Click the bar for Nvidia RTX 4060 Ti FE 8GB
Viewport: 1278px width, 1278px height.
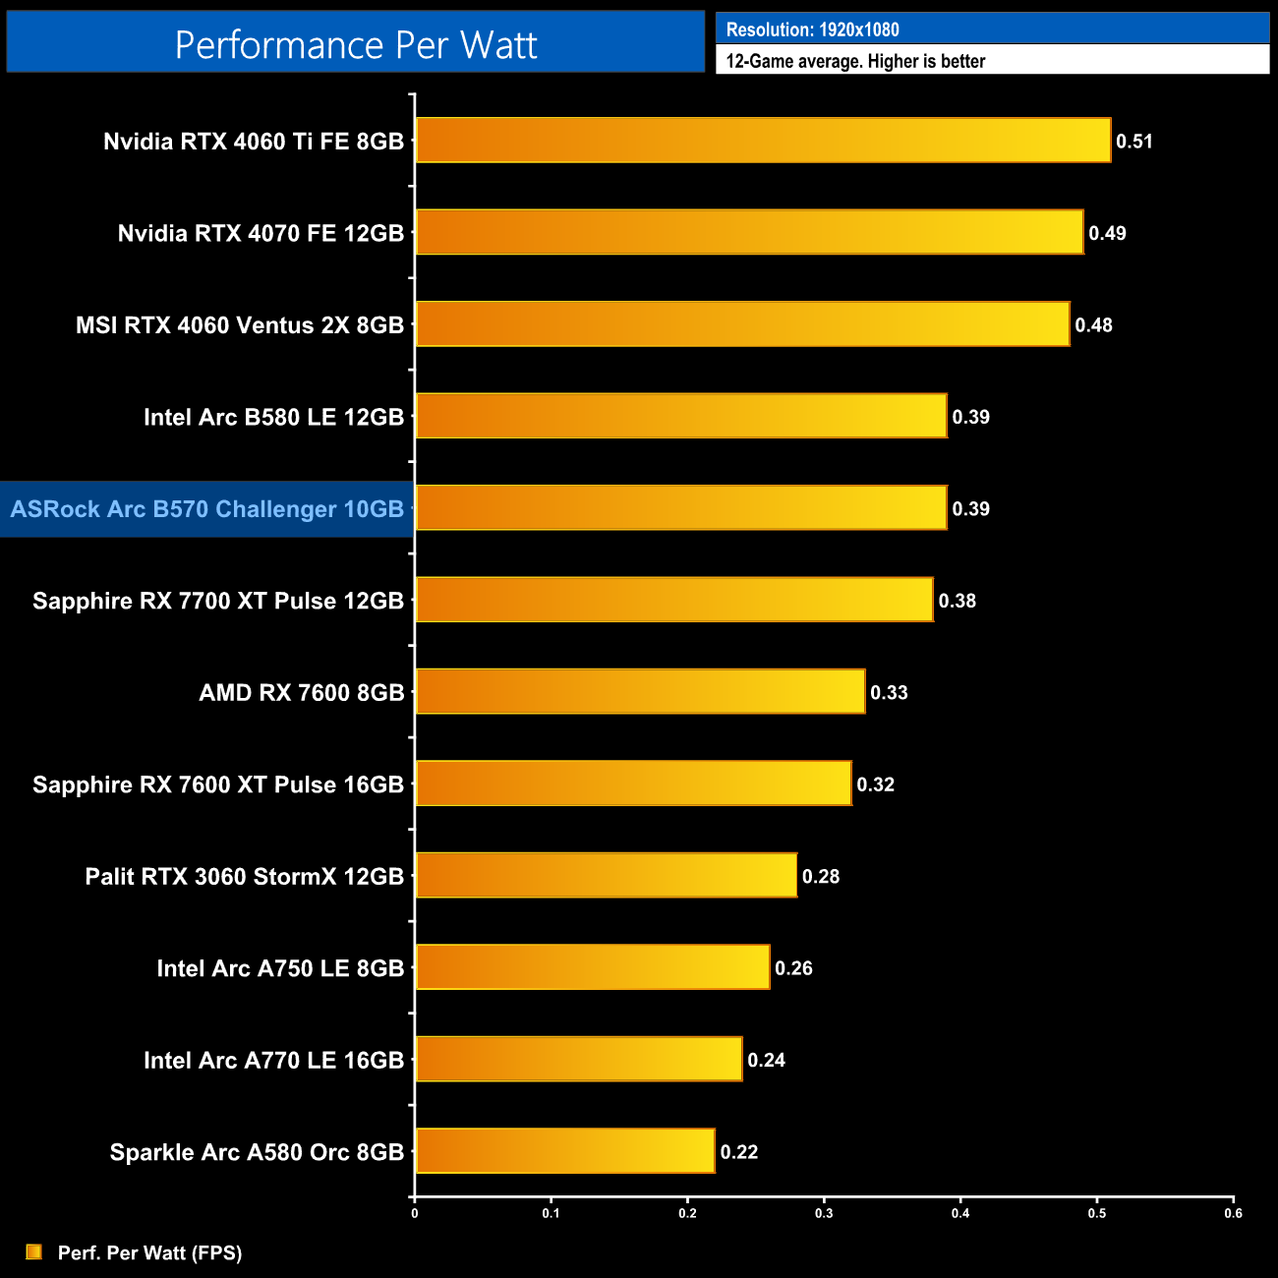pos(763,141)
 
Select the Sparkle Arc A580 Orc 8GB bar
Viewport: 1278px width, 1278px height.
pos(565,1151)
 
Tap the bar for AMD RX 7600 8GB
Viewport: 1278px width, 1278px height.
pos(640,692)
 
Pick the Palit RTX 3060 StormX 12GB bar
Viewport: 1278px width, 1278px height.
pos(606,875)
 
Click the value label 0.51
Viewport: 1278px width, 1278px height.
pos(1134,142)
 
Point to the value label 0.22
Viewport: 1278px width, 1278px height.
pos(739,1152)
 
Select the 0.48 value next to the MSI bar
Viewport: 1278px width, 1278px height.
pos(1093,325)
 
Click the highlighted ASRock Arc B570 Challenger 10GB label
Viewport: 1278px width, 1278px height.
pos(207,509)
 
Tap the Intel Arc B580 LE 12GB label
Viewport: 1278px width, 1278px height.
pos(273,417)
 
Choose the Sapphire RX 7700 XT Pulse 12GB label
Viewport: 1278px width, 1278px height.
pos(218,601)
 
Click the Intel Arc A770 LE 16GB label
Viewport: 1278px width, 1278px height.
pos(273,1060)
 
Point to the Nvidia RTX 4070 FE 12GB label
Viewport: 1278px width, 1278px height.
pos(261,233)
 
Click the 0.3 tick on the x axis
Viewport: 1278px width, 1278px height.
pos(824,1213)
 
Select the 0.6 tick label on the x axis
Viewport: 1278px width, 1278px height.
pos(1233,1213)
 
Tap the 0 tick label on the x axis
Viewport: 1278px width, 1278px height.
pos(415,1213)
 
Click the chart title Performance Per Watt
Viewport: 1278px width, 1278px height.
pos(356,45)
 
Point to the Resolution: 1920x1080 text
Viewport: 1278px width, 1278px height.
pos(813,29)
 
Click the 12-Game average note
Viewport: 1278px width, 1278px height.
pos(855,61)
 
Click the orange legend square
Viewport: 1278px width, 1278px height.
pos(34,1251)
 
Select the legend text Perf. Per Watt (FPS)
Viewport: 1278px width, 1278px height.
pos(149,1252)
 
